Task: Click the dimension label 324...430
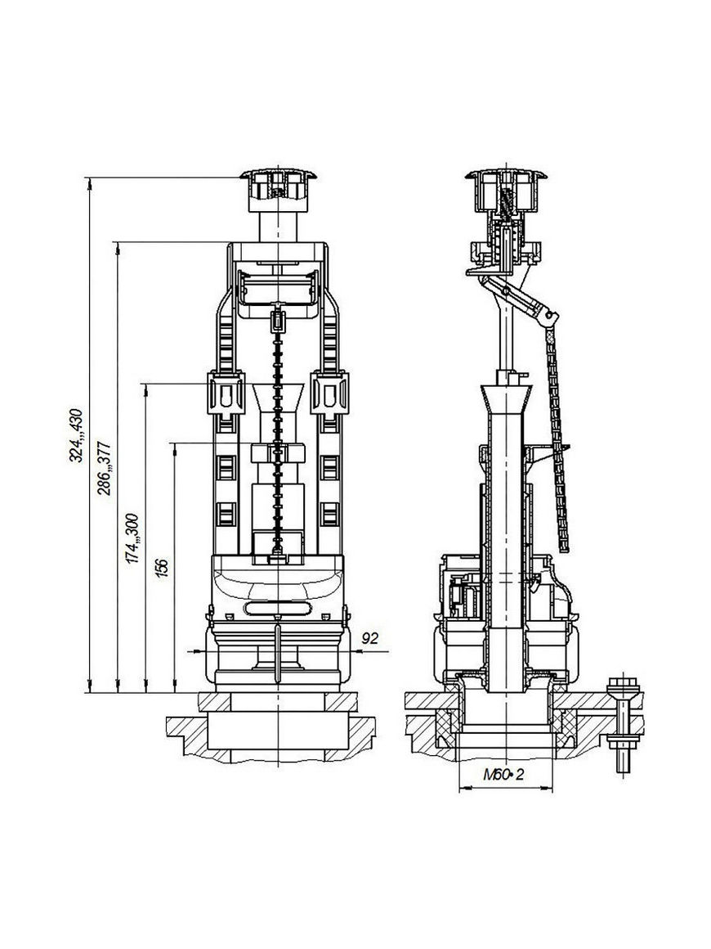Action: click(x=76, y=436)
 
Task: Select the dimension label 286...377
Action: click(x=105, y=468)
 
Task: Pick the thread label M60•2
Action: click(x=503, y=775)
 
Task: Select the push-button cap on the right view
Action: click(x=503, y=191)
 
